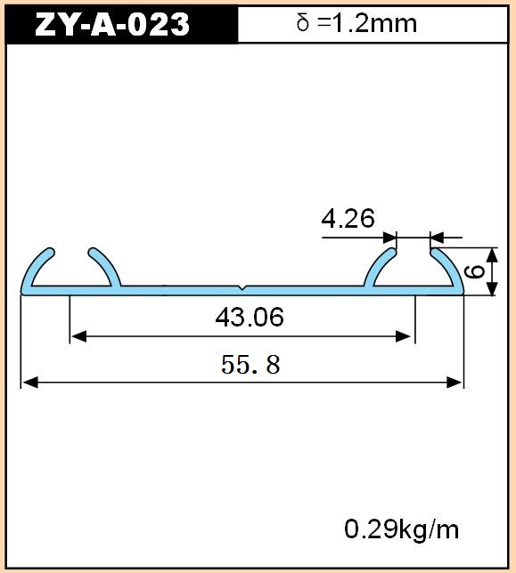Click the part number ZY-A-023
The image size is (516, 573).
pyautogui.click(x=112, y=24)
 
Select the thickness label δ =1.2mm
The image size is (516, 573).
pyautogui.click(x=356, y=23)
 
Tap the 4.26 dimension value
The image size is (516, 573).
pyautogui.click(x=348, y=219)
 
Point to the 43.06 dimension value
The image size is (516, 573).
pyautogui.click(x=250, y=317)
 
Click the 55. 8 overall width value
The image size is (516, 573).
pyautogui.click(x=250, y=364)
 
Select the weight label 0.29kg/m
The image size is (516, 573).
pyautogui.click(x=401, y=529)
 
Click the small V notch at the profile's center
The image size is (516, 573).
pyautogui.click(x=242, y=288)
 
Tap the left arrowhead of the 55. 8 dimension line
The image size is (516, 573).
pyautogui.click(x=30, y=383)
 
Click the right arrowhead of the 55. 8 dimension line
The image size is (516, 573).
pyautogui.click(x=455, y=383)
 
